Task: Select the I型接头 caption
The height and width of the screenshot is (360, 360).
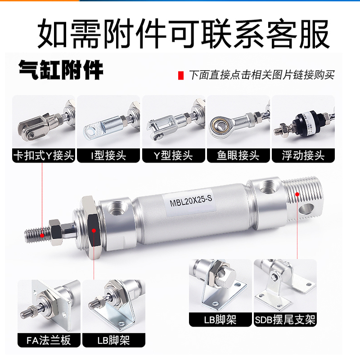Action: click(x=108, y=156)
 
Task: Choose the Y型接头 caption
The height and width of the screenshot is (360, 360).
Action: click(x=173, y=156)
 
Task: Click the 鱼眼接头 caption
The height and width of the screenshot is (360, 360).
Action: click(x=238, y=156)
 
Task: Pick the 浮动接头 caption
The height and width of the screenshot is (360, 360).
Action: click(x=303, y=156)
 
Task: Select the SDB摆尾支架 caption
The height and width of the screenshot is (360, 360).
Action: click(x=284, y=319)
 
